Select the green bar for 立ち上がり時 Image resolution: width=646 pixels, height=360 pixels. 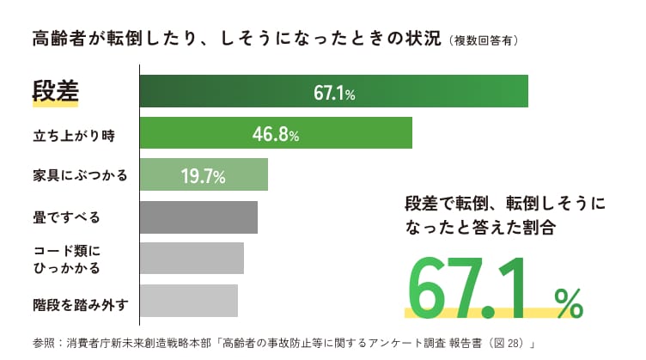pyautogui.click(x=198, y=134)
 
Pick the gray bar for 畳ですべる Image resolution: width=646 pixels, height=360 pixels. pyautogui.click(x=198, y=217)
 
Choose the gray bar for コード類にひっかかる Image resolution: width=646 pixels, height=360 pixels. pyautogui.click(x=192, y=259)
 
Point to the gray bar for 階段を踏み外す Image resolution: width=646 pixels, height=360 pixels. pyautogui.click(x=188, y=300)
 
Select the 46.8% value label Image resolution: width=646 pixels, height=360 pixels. pyautogui.click(x=275, y=134)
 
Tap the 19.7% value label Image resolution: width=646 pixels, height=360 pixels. pyautogui.click(x=203, y=176)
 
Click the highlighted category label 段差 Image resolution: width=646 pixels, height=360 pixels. pyautogui.click(x=55, y=92)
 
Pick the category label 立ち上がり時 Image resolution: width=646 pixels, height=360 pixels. pyautogui.click(x=72, y=135)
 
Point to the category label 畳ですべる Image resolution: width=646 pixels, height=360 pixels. pyautogui.click(x=65, y=217)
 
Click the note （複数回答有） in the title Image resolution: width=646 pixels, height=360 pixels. pyautogui.click(x=483, y=40)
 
